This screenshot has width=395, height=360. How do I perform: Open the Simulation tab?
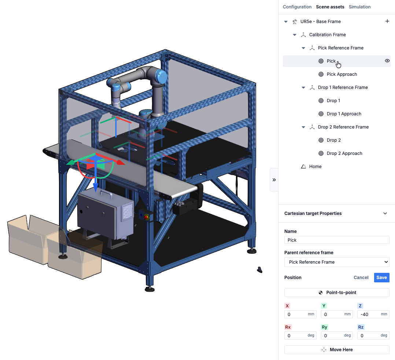[359, 7]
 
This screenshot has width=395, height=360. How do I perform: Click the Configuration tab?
[297, 7]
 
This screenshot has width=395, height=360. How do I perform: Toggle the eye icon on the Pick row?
[387, 61]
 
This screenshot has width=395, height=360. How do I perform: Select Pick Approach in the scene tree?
[342, 74]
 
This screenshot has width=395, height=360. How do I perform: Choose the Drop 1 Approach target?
[344, 114]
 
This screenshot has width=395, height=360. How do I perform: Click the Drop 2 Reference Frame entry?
[343, 127]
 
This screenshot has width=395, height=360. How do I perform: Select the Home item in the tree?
[315, 166]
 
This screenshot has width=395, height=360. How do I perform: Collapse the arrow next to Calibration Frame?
[295, 35]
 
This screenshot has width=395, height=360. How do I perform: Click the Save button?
[381, 278]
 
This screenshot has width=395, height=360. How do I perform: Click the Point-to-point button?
[337, 293]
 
